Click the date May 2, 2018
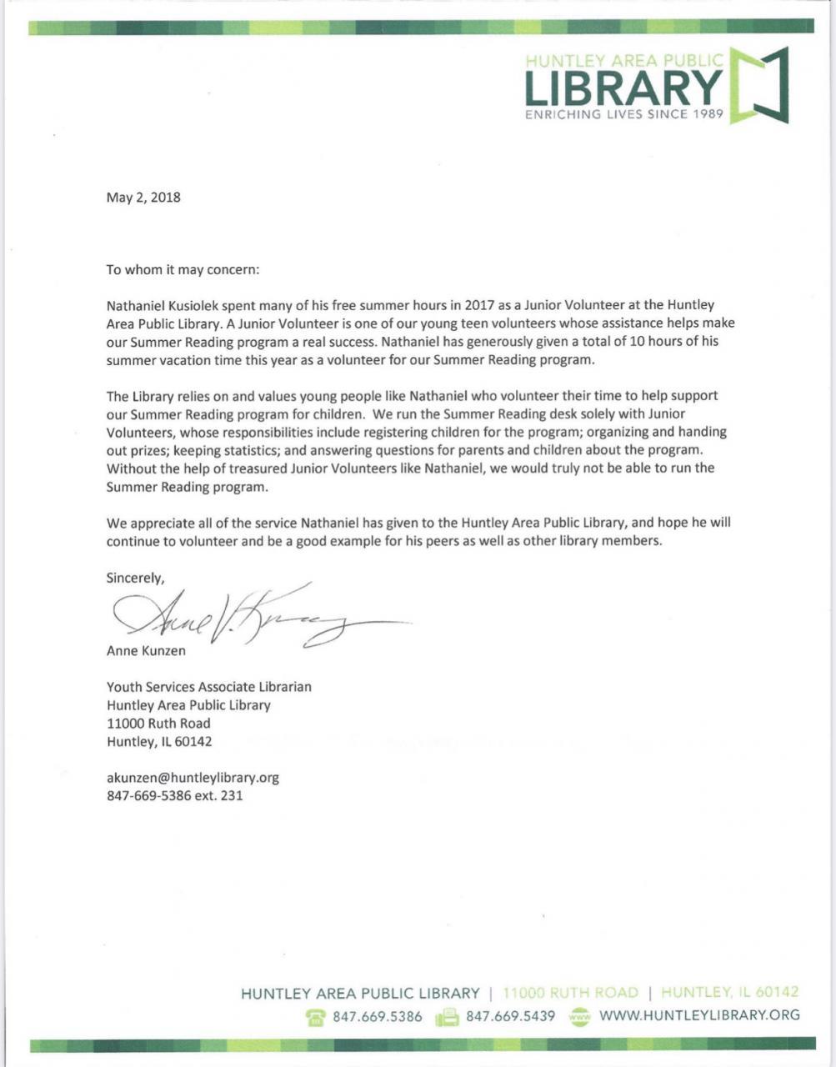(143, 198)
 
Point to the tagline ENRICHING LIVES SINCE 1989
(624, 114)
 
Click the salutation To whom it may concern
(183, 270)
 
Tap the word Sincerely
(135, 578)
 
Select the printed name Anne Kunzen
(146, 650)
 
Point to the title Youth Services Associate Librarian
(209, 687)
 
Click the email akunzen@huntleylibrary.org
(193, 778)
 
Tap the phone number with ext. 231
(175, 795)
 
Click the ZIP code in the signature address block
(193, 741)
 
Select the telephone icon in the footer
(315, 1016)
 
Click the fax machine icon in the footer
(448, 1016)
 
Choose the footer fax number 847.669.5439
(510, 1016)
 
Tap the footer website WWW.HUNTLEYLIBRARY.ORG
(699, 1015)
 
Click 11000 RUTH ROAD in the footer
(571, 993)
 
